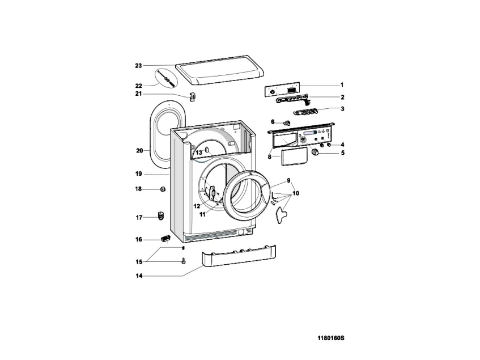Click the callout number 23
[138, 66]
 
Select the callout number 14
[138, 276]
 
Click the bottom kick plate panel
[237, 259]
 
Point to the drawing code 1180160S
[331, 338]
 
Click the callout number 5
[342, 153]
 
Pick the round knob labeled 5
[315, 154]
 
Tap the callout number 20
[139, 151]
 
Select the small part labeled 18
[163, 189]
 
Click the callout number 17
[138, 217]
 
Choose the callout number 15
[138, 261]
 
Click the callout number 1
[342, 84]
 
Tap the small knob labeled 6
[287, 122]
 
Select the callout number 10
[296, 193]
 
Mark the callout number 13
[199, 153]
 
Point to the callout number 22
[138, 86]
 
